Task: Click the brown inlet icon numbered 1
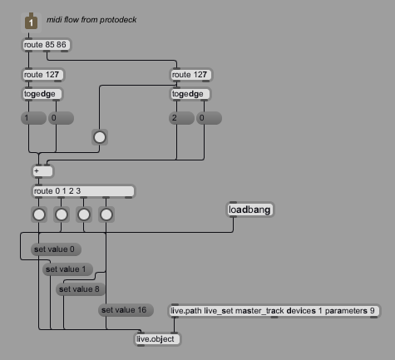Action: [x=31, y=22]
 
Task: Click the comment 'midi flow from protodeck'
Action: [x=91, y=20]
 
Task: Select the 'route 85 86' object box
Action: [x=47, y=45]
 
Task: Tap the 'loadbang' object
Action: [x=250, y=210]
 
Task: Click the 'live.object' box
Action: [x=157, y=339]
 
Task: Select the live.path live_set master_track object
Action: [x=274, y=311]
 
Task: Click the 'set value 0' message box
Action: [x=56, y=249]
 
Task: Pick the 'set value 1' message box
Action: [x=67, y=269]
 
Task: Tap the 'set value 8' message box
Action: [x=81, y=289]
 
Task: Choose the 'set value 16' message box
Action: [x=126, y=310]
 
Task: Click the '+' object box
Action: [x=42, y=171]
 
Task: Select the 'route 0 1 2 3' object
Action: [x=83, y=191]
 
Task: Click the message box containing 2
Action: [x=181, y=118]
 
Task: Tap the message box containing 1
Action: [x=33, y=118]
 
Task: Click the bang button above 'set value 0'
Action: [x=39, y=215]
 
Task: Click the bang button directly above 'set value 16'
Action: [x=106, y=215]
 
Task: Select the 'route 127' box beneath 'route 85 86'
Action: [x=43, y=75]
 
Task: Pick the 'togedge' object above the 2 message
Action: [x=190, y=94]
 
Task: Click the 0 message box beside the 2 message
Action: [x=209, y=118]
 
